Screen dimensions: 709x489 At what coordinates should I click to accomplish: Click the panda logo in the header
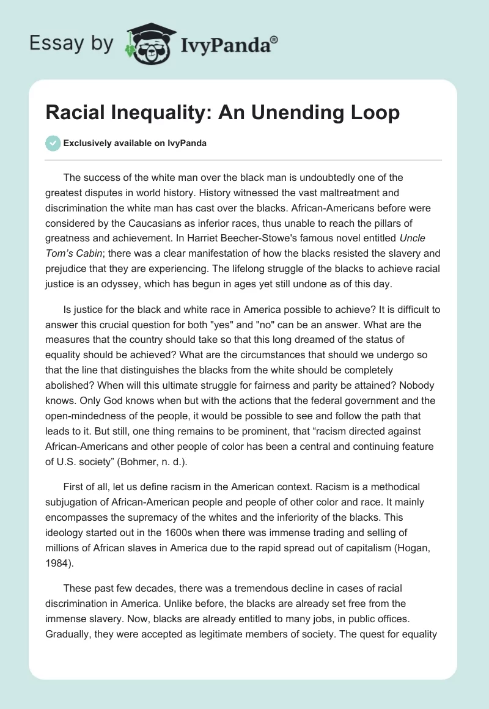click(x=145, y=43)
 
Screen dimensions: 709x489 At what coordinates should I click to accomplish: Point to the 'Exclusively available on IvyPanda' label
click(x=135, y=143)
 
